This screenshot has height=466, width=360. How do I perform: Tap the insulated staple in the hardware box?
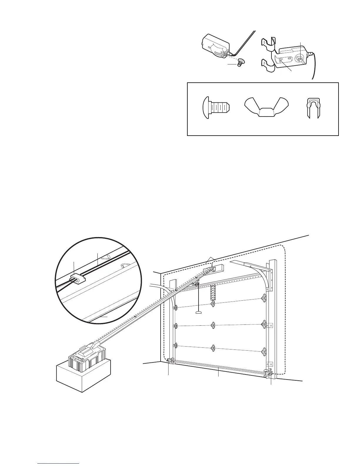click(x=313, y=108)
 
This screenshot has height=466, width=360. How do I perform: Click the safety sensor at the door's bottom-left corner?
click(x=170, y=361)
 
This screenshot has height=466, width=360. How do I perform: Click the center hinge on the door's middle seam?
click(x=212, y=325)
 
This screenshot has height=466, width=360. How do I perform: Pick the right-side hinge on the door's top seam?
click(x=264, y=299)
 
